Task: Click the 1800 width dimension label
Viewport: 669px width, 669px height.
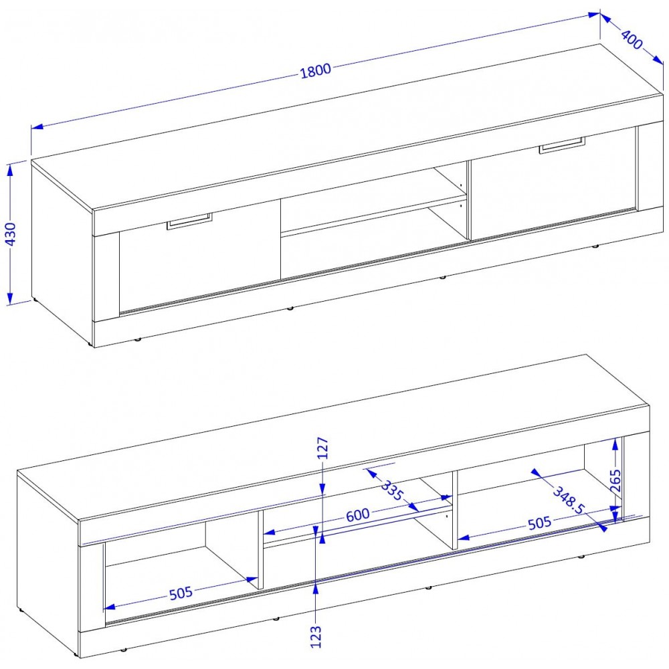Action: [x=316, y=71]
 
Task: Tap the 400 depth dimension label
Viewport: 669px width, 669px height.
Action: [x=632, y=39]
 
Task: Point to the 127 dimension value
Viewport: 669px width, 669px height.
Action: [x=323, y=448]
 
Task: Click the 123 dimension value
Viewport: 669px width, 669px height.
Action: [x=316, y=637]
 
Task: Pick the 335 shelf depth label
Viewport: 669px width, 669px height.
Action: [x=391, y=490]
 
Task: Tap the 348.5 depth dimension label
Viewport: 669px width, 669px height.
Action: [x=569, y=500]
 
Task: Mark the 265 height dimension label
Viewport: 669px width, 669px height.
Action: [x=615, y=480]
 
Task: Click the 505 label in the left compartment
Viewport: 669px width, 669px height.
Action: [x=181, y=593]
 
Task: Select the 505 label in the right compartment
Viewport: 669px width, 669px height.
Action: [x=540, y=522]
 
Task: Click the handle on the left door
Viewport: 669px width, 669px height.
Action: [x=189, y=221]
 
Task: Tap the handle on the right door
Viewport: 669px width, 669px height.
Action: [x=563, y=145]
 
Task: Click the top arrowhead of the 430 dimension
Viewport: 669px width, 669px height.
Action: [x=10, y=169]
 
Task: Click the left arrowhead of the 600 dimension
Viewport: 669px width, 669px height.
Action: [x=269, y=532]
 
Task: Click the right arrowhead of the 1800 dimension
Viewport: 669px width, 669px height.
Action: [x=594, y=15]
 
